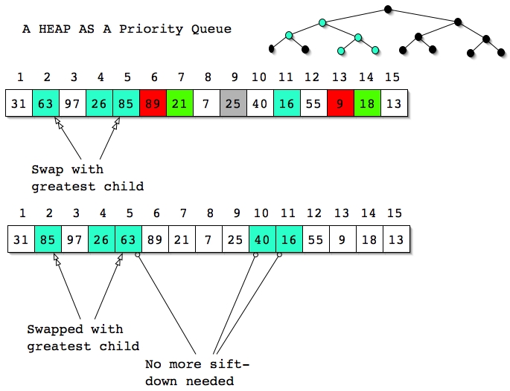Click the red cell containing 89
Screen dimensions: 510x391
(x=153, y=103)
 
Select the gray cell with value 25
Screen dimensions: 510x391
(x=233, y=103)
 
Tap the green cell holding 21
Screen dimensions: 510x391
(x=179, y=103)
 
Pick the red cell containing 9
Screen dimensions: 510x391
(x=340, y=103)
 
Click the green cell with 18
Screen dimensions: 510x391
(x=367, y=103)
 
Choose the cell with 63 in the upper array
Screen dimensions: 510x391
(x=46, y=103)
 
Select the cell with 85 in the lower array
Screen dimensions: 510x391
(x=48, y=239)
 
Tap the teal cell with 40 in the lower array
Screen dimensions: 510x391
(x=263, y=239)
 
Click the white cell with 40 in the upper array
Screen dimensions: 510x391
(x=260, y=103)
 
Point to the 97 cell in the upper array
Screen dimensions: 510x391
(x=72, y=103)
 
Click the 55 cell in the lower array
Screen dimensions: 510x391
(x=316, y=239)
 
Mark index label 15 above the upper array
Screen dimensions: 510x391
(x=392, y=77)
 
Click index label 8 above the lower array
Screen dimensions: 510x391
(x=210, y=213)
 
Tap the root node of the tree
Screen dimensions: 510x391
(x=388, y=9)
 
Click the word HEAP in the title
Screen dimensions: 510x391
(x=54, y=29)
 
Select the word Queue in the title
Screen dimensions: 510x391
(x=211, y=29)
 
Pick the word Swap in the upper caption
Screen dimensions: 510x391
(x=47, y=169)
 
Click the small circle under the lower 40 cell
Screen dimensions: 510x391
(x=255, y=255)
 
